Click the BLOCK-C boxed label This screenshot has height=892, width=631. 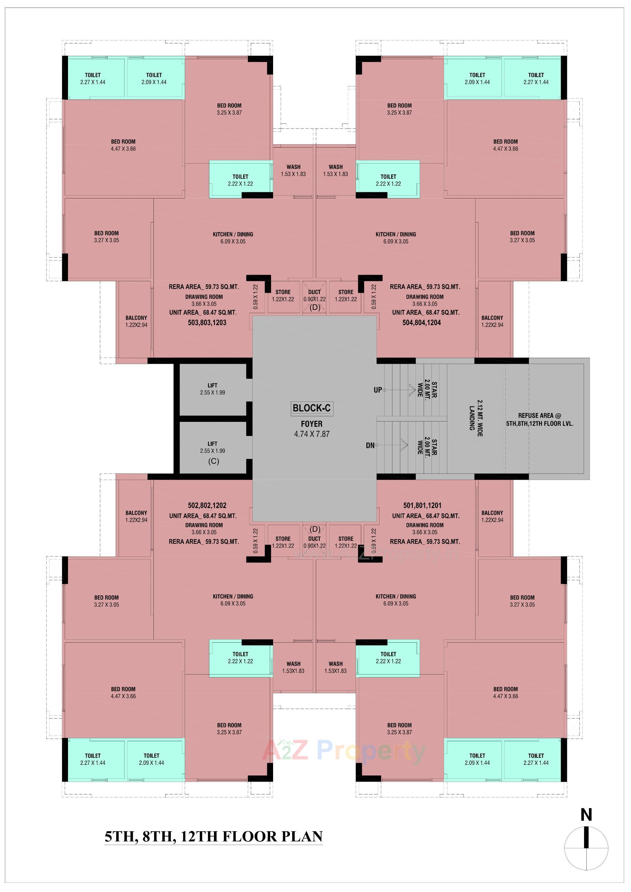tap(312, 408)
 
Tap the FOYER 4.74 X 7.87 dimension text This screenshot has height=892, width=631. tap(312, 434)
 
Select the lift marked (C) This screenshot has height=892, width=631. tap(213, 451)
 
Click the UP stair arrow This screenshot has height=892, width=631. tap(400, 390)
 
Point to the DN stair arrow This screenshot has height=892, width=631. tap(392, 445)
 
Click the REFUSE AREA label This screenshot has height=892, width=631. tap(539, 420)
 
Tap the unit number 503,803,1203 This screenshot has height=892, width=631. tap(207, 322)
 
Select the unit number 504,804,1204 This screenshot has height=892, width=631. tap(422, 322)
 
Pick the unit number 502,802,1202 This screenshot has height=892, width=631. tap(207, 505)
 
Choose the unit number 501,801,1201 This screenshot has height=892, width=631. tap(422, 505)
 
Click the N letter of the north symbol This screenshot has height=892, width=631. tap(586, 815)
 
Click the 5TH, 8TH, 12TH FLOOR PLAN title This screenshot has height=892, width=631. tap(214, 836)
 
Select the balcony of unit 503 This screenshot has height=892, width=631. tap(136, 321)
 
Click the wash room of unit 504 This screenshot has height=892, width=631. tap(335, 171)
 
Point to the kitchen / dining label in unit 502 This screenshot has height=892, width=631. tap(233, 600)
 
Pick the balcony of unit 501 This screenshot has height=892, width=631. tap(492, 516)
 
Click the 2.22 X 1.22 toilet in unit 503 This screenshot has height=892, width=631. tap(241, 180)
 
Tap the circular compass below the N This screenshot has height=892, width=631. tap(586, 849)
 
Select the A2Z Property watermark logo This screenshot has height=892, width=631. tap(344, 751)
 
